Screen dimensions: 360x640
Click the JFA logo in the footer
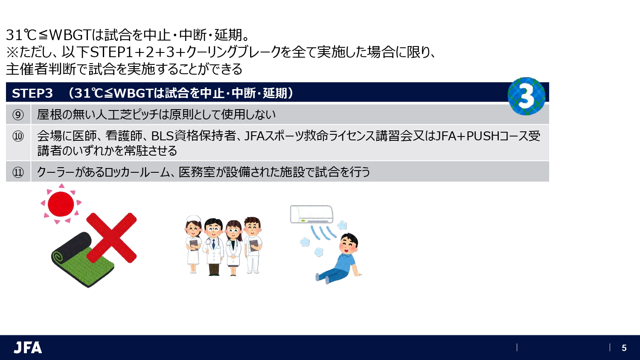[28, 348]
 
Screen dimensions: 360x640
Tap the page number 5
[624, 348]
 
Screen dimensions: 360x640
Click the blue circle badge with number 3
[527, 96]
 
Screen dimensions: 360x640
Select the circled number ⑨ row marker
[18, 115]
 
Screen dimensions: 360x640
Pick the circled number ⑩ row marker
[18, 136]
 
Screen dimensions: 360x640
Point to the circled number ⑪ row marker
[18, 172]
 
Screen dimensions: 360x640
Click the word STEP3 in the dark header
[32, 93]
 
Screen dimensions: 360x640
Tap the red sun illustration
[61, 203]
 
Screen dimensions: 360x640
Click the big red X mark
[111, 238]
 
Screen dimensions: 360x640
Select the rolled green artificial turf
[81, 260]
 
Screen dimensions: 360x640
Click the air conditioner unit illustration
[311, 214]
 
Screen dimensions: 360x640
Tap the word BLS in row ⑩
[163, 136]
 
